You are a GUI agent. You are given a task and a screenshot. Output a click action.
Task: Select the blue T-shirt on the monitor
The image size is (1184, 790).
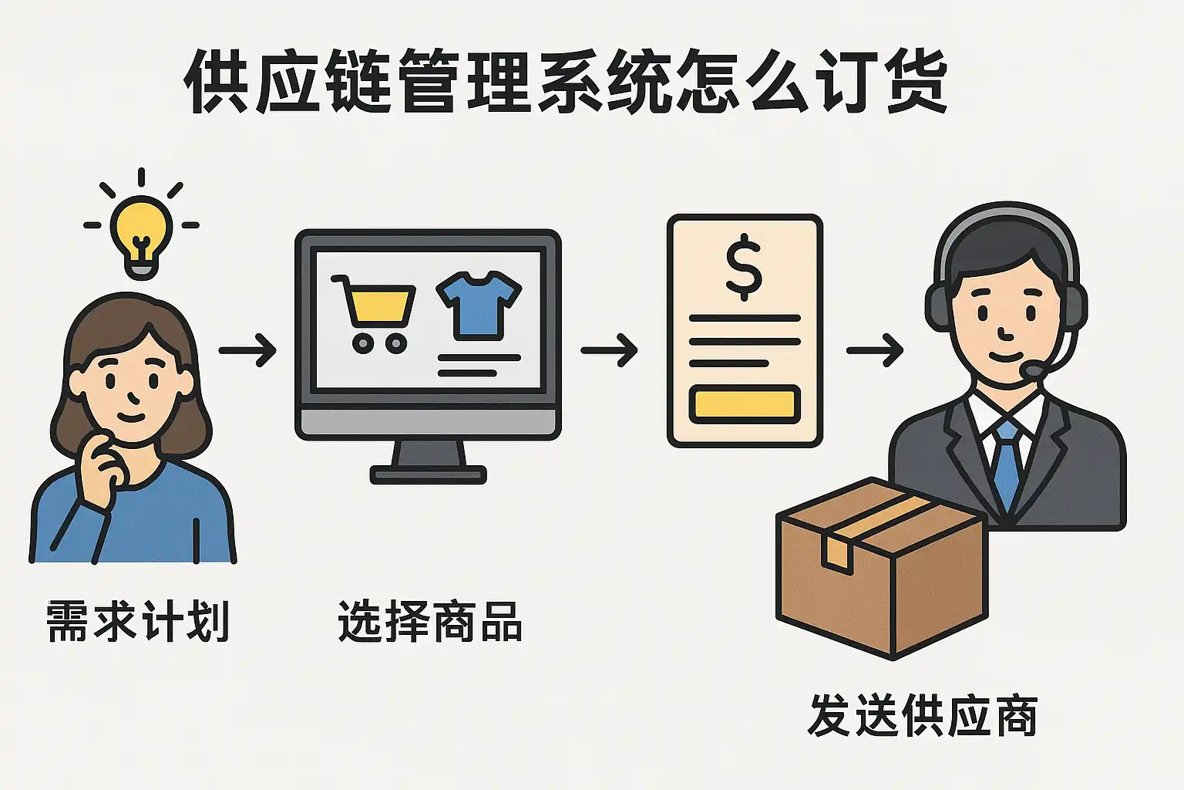click(x=479, y=304)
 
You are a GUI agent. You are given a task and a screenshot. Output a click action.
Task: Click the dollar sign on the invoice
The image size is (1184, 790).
click(x=744, y=267)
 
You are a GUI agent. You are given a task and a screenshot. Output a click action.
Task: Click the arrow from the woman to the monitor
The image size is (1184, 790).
click(x=247, y=350)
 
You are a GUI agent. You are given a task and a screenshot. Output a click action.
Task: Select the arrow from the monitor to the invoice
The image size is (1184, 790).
click(x=609, y=350)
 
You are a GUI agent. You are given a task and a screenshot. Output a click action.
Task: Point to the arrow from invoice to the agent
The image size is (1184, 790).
click(x=875, y=350)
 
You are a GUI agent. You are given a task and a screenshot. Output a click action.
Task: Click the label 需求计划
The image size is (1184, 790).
click(x=138, y=621)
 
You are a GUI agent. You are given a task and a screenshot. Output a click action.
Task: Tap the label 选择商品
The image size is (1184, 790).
click(x=430, y=621)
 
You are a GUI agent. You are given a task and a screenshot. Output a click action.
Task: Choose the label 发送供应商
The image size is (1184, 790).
click(x=923, y=715)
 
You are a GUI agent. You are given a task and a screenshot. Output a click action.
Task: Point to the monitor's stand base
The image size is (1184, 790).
click(x=428, y=474)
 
